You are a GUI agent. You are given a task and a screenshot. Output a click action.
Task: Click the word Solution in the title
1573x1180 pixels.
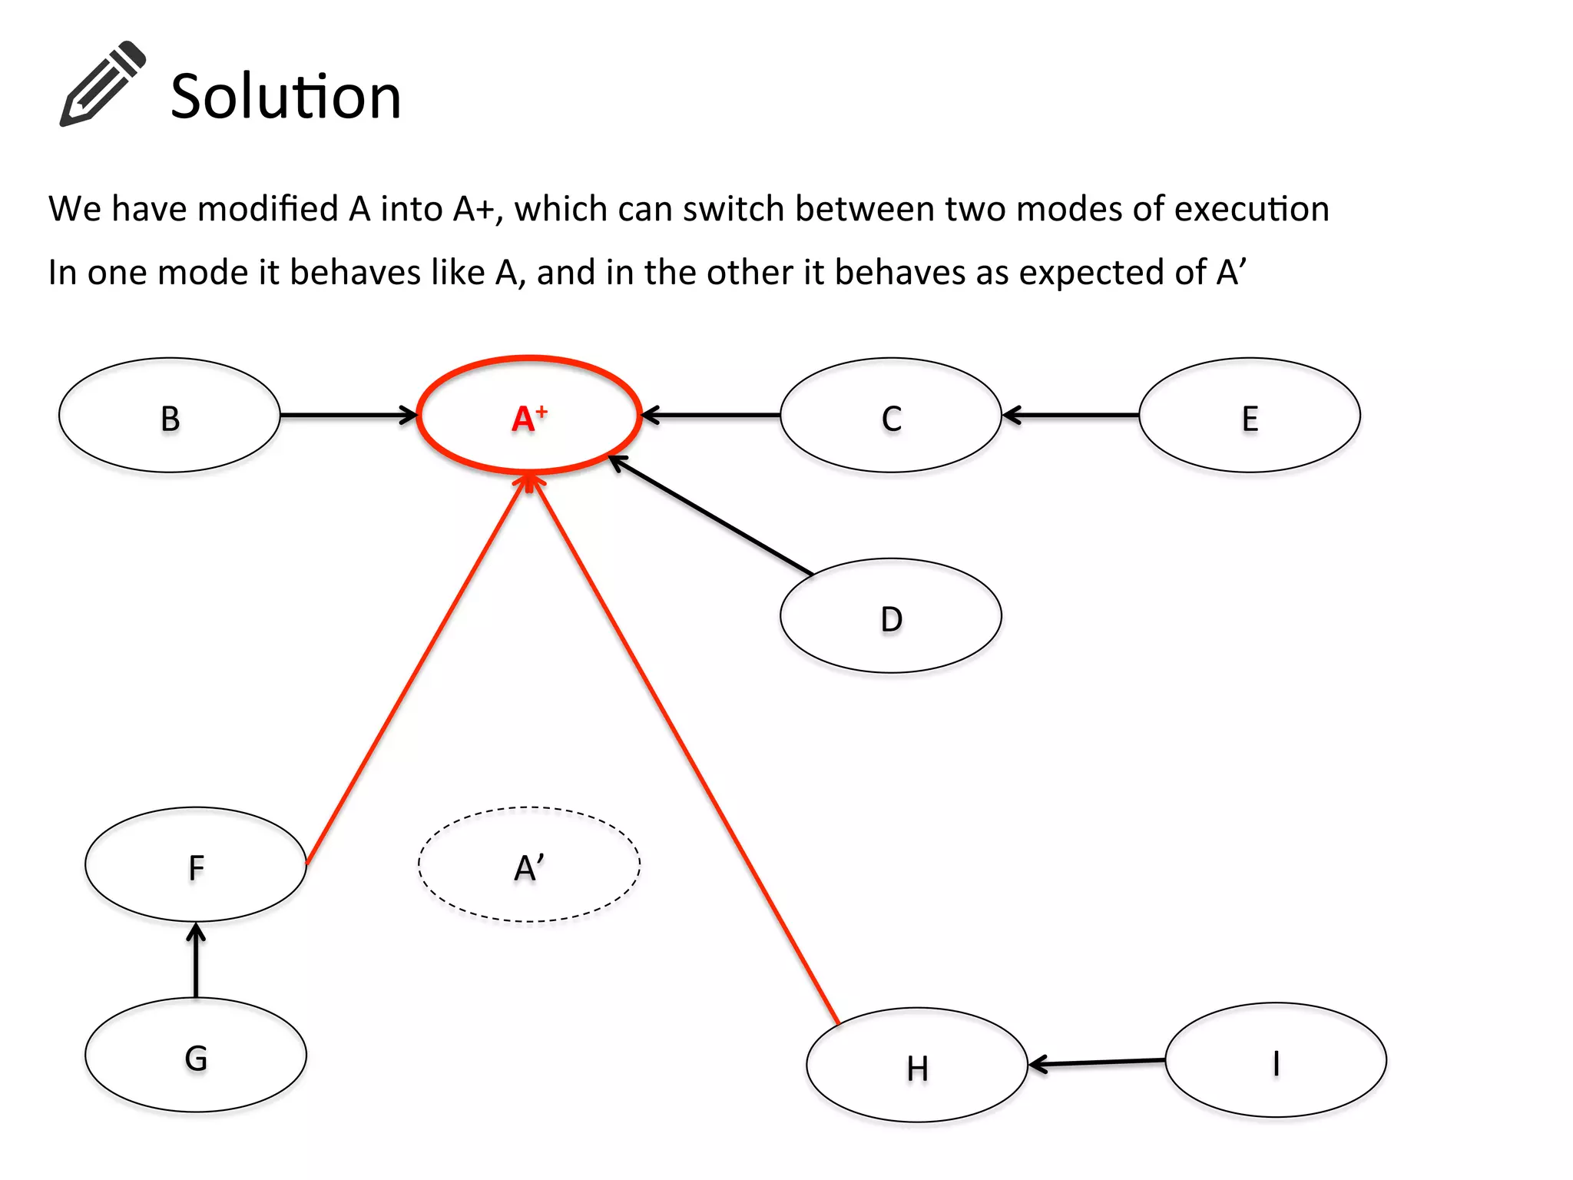coord(286,97)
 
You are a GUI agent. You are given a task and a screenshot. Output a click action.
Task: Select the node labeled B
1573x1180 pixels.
coord(170,416)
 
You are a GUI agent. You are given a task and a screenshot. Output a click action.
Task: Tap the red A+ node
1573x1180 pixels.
coord(529,416)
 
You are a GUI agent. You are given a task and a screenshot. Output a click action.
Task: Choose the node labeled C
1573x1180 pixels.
coord(891,416)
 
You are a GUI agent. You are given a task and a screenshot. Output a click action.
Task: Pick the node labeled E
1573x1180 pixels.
coord(1250,416)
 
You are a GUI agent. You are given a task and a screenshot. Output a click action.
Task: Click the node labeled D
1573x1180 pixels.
coord(891,616)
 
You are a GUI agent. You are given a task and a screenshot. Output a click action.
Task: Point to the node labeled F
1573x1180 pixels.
coord(196,865)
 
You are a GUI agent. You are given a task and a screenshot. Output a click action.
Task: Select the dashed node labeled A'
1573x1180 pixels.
coord(529,865)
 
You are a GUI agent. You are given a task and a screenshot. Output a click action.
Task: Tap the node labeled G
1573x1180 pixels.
coord(196,1056)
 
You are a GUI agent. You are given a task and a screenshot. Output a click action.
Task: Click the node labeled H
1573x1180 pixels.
coord(917,1066)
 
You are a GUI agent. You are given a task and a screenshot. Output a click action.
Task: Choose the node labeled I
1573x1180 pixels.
coord(1276,1061)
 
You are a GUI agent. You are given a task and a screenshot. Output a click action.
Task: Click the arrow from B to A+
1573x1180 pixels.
coord(348,416)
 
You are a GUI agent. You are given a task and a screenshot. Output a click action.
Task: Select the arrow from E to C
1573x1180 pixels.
coord(1071,416)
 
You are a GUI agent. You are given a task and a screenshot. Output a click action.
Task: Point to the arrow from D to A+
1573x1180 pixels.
coord(710,515)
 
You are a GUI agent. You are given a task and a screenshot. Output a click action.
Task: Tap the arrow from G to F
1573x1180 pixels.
coord(196,960)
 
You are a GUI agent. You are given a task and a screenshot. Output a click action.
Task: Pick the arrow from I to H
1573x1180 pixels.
coord(1097,1062)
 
